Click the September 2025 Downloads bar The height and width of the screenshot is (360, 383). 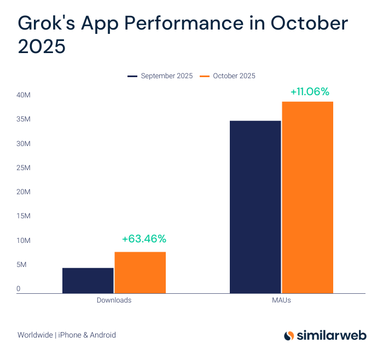click(x=88, y=280)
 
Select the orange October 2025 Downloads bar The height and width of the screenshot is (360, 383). click(x=140, y=272)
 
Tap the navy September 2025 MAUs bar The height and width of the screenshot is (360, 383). click(x=255, y=207)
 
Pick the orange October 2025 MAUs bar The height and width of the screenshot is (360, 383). click(x=307, y=198)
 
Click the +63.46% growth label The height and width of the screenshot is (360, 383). click(x=144, y=239)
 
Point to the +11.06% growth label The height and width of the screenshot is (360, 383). click(x=310, y=91)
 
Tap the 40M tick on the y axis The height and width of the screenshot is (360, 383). click(x=23, y=96)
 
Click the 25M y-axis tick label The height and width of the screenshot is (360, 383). click(x=23, y=168)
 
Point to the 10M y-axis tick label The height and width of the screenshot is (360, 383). click(x=23, y=241)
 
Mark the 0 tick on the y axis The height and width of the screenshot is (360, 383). click(x=18, y=289)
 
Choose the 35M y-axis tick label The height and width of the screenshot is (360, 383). click(x=23, y=120)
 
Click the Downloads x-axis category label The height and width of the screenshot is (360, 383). click(x=114, y=300)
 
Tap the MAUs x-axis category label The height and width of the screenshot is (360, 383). click(x=281, y=300)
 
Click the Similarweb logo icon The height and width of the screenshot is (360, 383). click(x=289, y=335)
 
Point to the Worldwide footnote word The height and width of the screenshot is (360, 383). click(x=35, y=335)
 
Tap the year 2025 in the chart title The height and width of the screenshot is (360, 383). click(x=42, y=47)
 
